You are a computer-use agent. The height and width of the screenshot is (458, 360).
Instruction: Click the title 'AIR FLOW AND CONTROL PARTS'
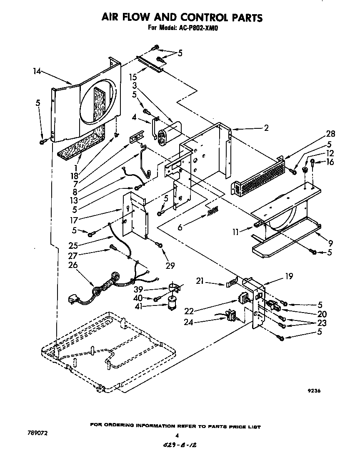tap(182, 17)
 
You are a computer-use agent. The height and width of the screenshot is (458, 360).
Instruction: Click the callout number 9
tap(331, 243)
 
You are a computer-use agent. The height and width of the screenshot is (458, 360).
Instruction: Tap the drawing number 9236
tap(315, 391)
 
